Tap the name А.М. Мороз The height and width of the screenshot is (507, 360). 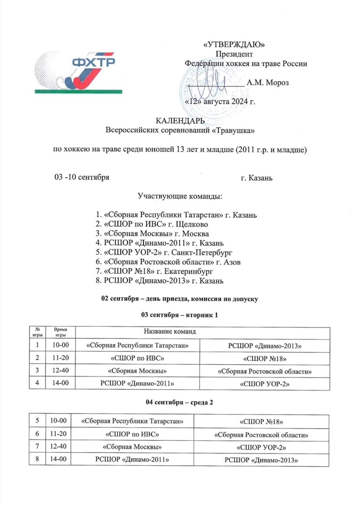268,83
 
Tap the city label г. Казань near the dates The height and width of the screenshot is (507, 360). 257,178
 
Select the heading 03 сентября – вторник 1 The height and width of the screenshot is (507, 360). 180,314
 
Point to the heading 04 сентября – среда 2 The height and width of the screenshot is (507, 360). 180,403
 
